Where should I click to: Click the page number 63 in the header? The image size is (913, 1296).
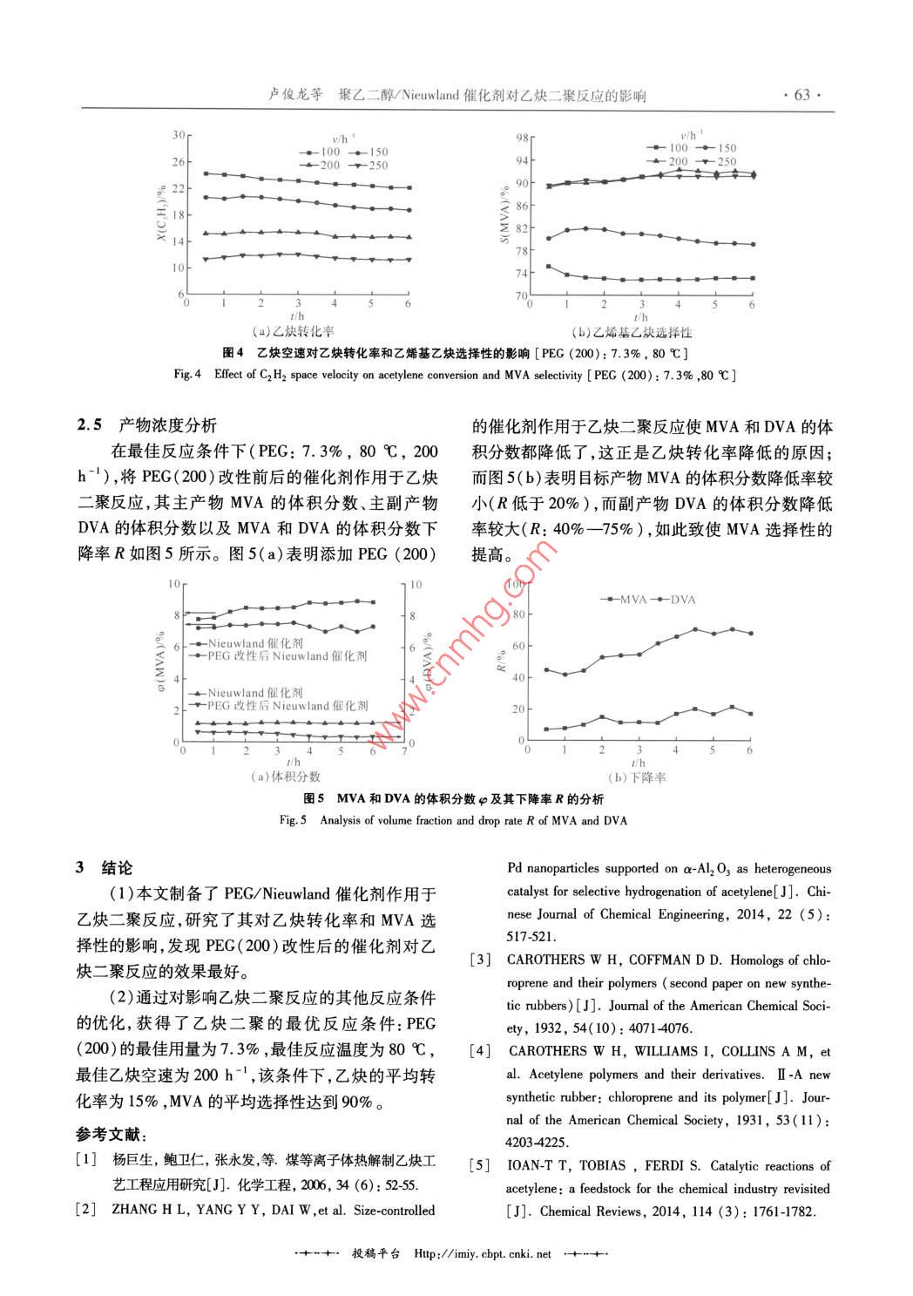click(x=801, y=95)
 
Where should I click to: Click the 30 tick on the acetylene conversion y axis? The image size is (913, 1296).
click(x=179, y=135)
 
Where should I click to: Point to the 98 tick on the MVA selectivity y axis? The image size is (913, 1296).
click(x=523, y=138)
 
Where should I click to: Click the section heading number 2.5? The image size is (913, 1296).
click(x=90, y=425)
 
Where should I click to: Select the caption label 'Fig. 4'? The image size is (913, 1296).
click(x=187, y=375)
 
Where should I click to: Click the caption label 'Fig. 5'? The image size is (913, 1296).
click(x=293, y=820)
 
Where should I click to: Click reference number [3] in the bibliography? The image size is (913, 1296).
click(x=480, y=960)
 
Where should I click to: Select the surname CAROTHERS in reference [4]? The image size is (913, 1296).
click(x=549, y=1051)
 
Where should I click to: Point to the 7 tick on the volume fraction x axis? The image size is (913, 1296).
click(x=404, y=750)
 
